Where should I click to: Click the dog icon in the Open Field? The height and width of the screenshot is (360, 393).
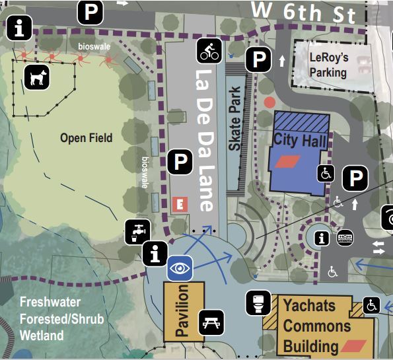click(x=37, y=77)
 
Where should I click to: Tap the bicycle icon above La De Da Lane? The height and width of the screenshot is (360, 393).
click(x=209, y=50)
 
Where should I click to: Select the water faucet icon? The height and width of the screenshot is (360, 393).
click(x=137, y=231)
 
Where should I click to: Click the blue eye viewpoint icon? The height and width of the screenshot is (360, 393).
click(x=179, y=268)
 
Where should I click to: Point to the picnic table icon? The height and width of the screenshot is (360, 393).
click(x=212, y=322)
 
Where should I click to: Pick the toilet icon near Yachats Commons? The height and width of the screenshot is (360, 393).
click(x=258, y=303)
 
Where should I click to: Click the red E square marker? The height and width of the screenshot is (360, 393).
click(x=176, y=204)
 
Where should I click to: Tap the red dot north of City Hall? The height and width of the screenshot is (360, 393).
click(x=269, y=102)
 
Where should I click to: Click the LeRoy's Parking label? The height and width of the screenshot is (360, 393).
click(x=328, y=65)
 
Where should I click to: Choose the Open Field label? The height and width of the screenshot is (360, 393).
click(x=86, y=138)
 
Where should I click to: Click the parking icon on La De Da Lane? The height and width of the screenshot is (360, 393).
click(x=179, y=161)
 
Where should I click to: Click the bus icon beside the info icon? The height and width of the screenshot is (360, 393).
click(x=345, y=237)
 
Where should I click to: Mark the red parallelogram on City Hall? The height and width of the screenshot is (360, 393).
click(x=287, y=161)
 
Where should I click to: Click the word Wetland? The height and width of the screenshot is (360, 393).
click(x=42, y=336)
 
